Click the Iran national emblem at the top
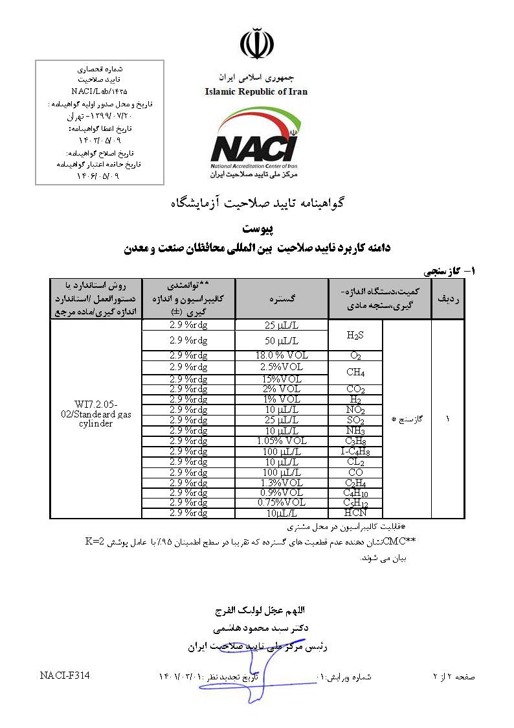tap(256, 44)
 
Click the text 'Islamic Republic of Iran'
tap(256, 91)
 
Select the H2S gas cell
tap(355, 335)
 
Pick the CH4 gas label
tap(355, 372)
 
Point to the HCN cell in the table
tap(355, 513)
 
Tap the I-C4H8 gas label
tap(355, 451)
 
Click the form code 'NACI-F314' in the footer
tap(64, 675)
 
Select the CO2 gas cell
tap(355, 390)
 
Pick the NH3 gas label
tap(355, 431)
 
